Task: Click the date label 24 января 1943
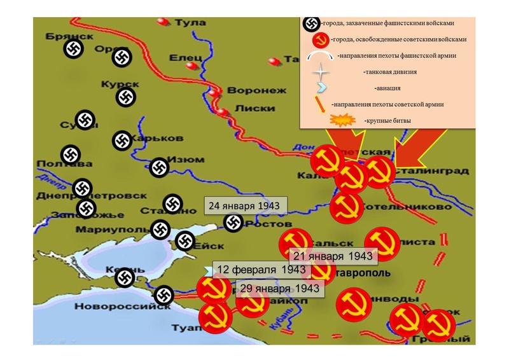tap(245, 206)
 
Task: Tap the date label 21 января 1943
tap(333, 255)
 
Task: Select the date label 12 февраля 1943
tap(253, 270)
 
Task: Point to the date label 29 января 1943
tap(280, 289)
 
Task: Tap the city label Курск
tap(118, 85)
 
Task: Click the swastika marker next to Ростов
tap(234, 223)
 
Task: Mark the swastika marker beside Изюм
tap(159, 167)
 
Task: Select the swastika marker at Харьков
tap(122, 141)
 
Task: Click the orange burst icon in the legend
tap(342, 120)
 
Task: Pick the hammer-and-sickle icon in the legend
tap(320, 41)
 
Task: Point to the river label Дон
tap(301, 148)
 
